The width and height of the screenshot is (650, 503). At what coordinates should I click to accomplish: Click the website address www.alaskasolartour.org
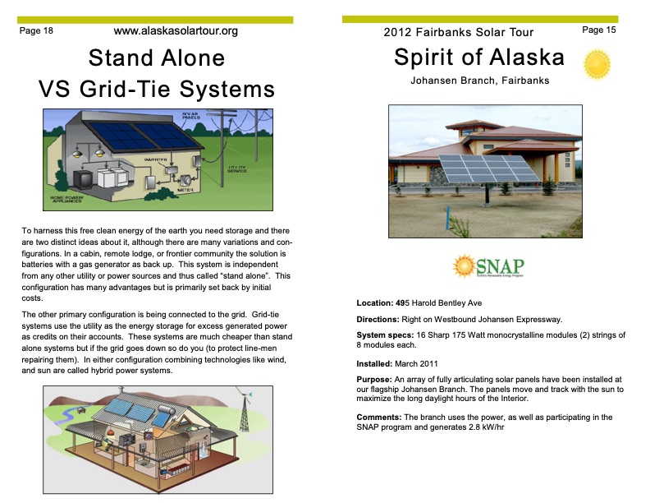tap(176, 31)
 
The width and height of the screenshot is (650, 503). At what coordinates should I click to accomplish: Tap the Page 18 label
tap(36, 31)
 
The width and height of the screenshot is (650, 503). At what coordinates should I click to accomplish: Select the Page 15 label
tap(598, 30)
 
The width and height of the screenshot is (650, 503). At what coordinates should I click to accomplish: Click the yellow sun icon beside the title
tap(597, 64)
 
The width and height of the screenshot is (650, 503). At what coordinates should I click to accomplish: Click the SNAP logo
tap(487, 268)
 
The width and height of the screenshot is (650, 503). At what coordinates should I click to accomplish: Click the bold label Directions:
tap(384, 319)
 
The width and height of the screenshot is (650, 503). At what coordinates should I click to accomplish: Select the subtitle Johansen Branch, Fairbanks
tap(479, 81)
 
